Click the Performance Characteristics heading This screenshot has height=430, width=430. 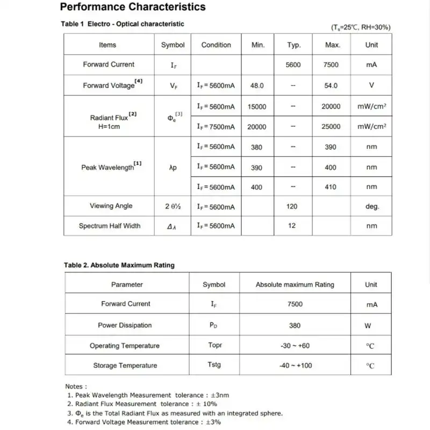tap(133, 7)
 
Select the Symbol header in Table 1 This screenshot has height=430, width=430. tap(173, 45)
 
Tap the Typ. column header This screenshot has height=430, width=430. tap(294, 45)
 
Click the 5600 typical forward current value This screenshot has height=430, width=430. tap(293, 65)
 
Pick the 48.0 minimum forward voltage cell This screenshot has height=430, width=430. tap(257, 85)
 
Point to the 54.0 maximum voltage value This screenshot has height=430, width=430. tap(331, 85)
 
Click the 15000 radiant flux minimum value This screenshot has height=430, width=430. tap(257, 106)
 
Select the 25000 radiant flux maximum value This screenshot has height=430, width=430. tap(331, 127)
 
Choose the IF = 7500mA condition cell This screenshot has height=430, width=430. tap(216, 127)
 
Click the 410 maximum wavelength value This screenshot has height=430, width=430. tap(331, 187)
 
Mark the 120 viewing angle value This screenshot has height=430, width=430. tap(292, 206)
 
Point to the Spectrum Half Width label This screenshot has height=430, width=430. tap(110, 226)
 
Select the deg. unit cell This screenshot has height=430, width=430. tap(371, 206)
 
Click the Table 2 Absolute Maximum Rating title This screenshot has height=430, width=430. tap(119, 265)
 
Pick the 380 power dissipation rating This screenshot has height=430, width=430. tap(295, 325)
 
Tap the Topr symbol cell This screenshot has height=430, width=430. tap(215, 345)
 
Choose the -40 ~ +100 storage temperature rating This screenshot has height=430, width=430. tap(295, 365)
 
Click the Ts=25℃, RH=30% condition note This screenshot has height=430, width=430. tap(361, 27)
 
